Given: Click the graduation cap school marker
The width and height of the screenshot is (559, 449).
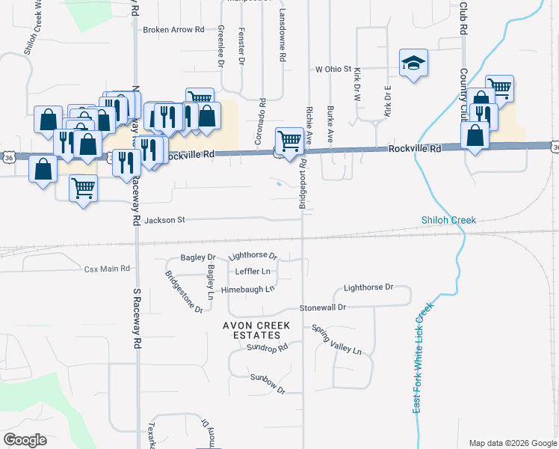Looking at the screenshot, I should [413, 64].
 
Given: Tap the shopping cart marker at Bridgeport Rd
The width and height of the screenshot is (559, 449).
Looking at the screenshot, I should [289, 140].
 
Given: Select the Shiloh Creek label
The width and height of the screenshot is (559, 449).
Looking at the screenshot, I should [447, 220].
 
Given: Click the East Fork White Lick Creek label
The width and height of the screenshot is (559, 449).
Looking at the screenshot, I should [423, 357].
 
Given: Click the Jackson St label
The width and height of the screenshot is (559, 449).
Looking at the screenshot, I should [164, 220].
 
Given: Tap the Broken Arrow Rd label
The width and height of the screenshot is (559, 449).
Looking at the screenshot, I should [173, 30].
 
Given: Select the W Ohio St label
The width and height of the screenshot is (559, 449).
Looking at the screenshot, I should [333, 69].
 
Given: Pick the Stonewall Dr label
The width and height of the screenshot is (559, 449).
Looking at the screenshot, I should [323, 308].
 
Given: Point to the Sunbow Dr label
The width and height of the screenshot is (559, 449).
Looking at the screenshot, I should [268, 383].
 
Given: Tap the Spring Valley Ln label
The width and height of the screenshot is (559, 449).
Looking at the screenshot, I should [336, 340].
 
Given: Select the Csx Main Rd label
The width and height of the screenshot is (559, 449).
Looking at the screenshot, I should [107, 268].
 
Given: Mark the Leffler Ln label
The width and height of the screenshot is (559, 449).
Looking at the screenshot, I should [253, 272].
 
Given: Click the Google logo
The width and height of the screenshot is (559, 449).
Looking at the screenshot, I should [25, 439].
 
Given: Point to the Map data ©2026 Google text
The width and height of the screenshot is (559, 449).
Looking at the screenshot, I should [512, 443].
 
